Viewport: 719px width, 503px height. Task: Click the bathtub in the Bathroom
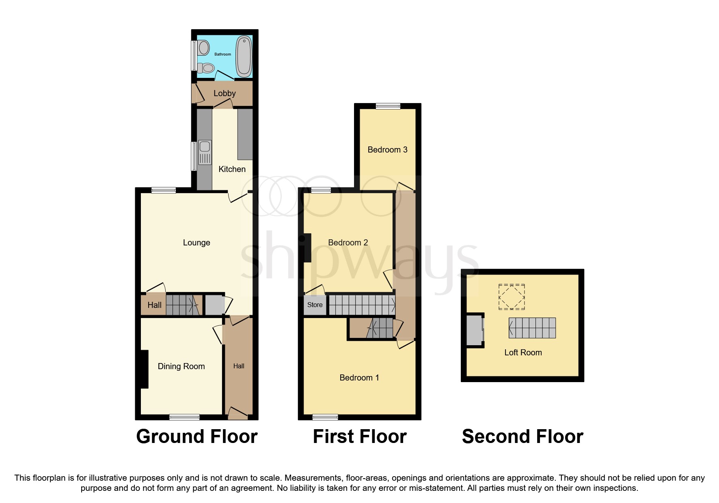[244, 56]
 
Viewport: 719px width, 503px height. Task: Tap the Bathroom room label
[222, 54]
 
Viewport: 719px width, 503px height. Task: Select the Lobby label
[225, 93]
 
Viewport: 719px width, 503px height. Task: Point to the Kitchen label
[232, 169]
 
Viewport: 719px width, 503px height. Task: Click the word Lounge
[196, 243]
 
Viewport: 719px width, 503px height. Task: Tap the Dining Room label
[181, 366]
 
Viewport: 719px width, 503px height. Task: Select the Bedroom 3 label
[387, 150]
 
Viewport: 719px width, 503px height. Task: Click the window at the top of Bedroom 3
[388, 106]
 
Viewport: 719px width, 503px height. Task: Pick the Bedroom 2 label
[348, 243]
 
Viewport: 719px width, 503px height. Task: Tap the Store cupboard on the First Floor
[315, 305]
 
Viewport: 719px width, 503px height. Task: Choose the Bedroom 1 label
[359, 378]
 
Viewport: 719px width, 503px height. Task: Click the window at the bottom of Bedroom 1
[325, 417]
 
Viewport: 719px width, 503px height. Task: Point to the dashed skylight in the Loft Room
[512, 297]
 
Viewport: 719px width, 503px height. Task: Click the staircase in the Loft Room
[532, 328]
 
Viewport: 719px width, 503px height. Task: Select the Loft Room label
[523, 353]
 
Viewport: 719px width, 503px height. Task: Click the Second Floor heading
[523, 436]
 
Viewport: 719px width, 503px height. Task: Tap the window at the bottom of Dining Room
[184, 417]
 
